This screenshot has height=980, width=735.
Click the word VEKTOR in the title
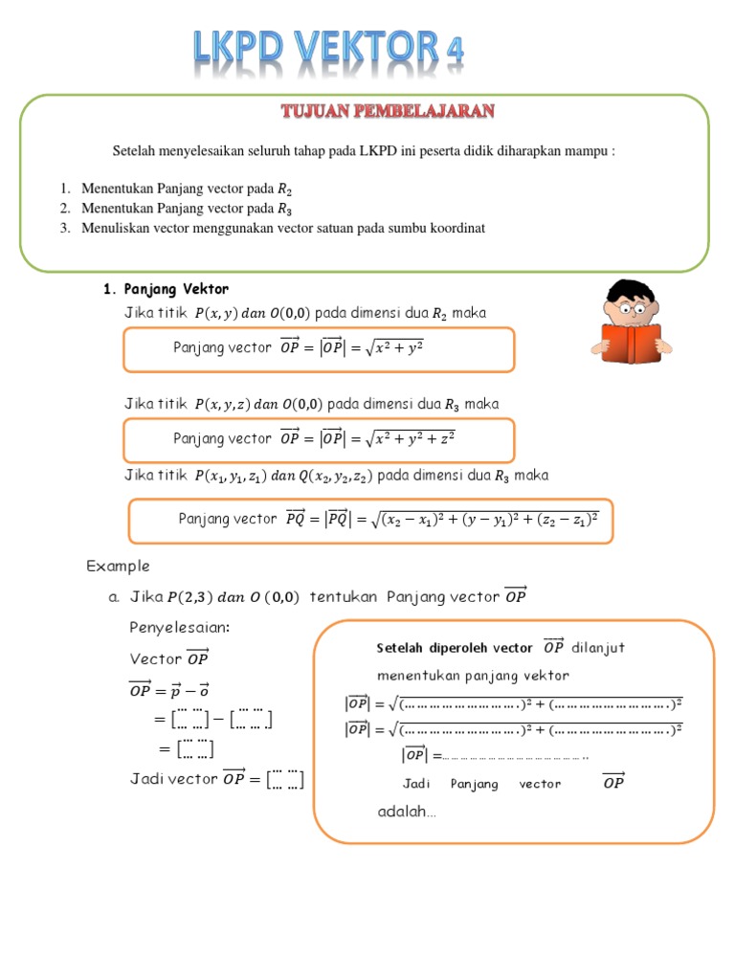coord(355,48)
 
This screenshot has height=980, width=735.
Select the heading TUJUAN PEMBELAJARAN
coord(388,112)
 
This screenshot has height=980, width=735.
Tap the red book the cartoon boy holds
coord(632,344)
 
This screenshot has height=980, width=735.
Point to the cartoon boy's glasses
coord(634,309)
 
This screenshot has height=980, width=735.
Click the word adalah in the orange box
coord(406,813)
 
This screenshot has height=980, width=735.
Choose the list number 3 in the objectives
coord(65,228)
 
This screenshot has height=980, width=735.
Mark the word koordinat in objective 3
coord(458,228)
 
